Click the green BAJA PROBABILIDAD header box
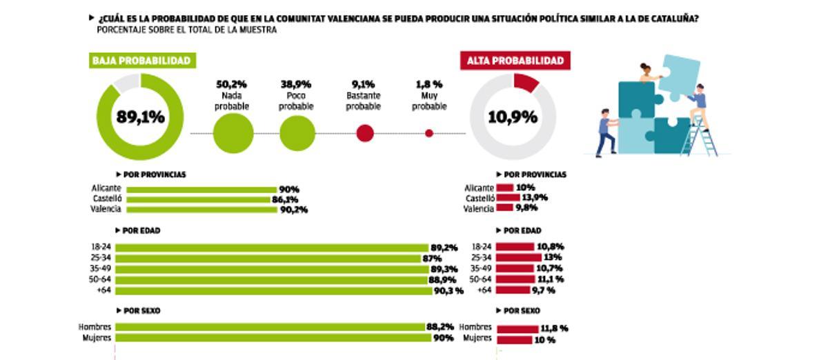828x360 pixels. tap(141, 61)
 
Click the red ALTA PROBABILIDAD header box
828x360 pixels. tap(515, 61)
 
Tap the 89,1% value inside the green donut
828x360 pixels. tap(140, 117)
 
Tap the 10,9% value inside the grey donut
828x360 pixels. tap(513, 117)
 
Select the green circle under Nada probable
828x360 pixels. tap(233, 133)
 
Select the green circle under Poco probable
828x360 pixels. tap(297, 133)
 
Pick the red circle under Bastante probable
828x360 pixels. tap(364, 133)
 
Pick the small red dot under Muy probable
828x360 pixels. tap(429, 133)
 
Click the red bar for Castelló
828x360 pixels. tap(508, 198)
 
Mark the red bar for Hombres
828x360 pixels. tap(517, 328)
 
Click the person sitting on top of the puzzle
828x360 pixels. tap(647, 73)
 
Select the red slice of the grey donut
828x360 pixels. tap(526, 82)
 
